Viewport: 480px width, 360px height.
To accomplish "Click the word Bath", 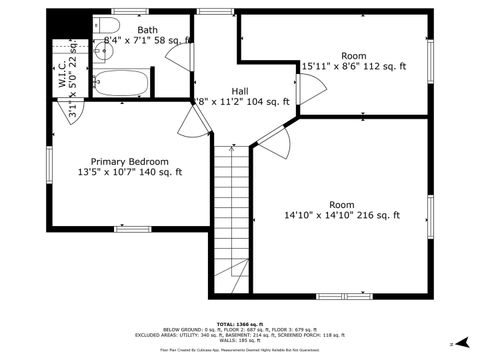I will (147, 31).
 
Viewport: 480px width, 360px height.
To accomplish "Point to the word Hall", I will (240, 90).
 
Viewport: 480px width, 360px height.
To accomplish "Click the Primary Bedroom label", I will (129, 161).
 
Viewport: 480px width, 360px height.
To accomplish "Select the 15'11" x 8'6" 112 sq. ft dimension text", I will (354, 67).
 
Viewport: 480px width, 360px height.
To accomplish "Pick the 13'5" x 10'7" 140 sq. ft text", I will (129, 173).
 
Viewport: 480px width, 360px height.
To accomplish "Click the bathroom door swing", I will (180, 58).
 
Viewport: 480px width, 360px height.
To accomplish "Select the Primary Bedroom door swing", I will (194, 122).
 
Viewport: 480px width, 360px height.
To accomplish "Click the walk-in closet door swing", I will (75, 112).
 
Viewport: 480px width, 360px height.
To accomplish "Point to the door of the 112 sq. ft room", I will (310, 91).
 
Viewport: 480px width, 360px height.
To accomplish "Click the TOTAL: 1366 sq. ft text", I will (239, 324).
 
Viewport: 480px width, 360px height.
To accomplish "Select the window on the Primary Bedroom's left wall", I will (48, 161).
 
